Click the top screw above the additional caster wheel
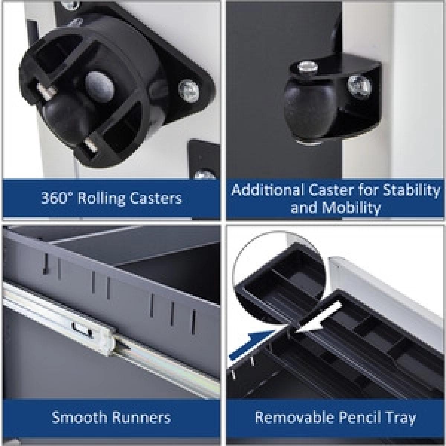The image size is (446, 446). [x=307, y=67]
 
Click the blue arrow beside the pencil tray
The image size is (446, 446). [x=252, y=344]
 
